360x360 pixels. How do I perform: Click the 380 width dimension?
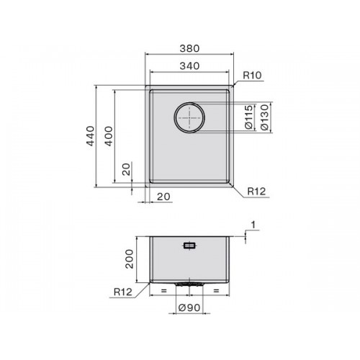pyautogui.click(x=189, y=49)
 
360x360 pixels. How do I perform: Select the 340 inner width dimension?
pyautogui.click(x=189, y=66)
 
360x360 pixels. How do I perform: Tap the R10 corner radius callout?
pyautogui.click(x=252, y=76)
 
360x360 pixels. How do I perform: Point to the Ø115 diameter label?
pyautogui.click(x=249, y=117)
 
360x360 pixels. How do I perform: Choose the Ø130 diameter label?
pyautogui.click(x=264, y=117)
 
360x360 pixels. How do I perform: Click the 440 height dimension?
pyautogui.click(x=91, y=136)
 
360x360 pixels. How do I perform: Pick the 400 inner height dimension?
pyautogui.click(x=109, y=136)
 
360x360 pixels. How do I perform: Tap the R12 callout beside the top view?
pyautogui.click(x=256, y=192)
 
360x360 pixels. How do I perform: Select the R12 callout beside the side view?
pyautogui.click(x=123, y=292)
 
